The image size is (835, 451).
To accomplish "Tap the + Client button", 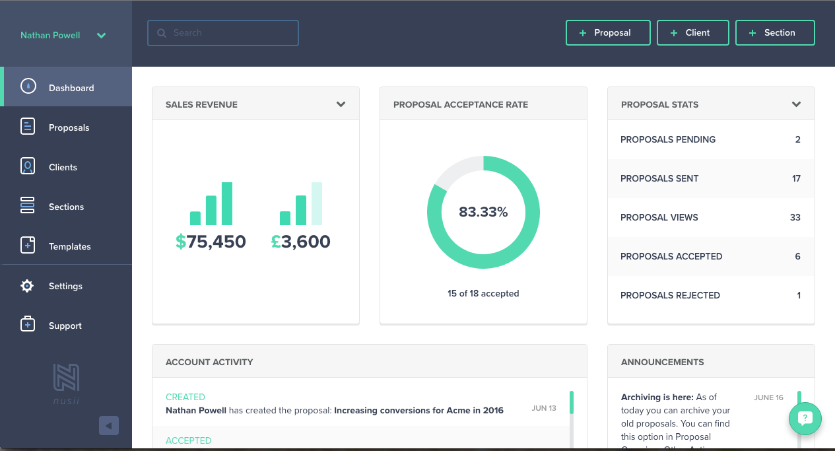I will point(692,33).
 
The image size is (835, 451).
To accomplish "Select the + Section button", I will point(774,33).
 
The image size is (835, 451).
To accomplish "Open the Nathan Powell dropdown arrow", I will point(101,36).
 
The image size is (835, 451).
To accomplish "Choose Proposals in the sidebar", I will point(69,127).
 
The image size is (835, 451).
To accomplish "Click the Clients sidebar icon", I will point(28,166).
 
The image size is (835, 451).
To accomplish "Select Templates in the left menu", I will point(69,246).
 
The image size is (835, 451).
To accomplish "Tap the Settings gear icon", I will point(27,286).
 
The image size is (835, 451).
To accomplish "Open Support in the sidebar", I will point(65,326).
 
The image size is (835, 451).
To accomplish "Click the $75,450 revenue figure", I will point(211,242).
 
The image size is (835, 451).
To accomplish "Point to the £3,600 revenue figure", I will point(300,242).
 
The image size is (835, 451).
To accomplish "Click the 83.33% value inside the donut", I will point(483,212).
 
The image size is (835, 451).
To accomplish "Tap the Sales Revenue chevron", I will point(341,104).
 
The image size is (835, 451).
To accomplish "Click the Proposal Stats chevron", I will point(796,104).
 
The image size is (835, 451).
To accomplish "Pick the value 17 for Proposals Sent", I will point(796,178).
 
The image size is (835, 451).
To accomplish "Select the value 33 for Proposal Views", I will point(795,217).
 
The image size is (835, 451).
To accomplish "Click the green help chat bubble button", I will point(805,418).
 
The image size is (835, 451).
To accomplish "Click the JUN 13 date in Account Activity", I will point(544,408).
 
